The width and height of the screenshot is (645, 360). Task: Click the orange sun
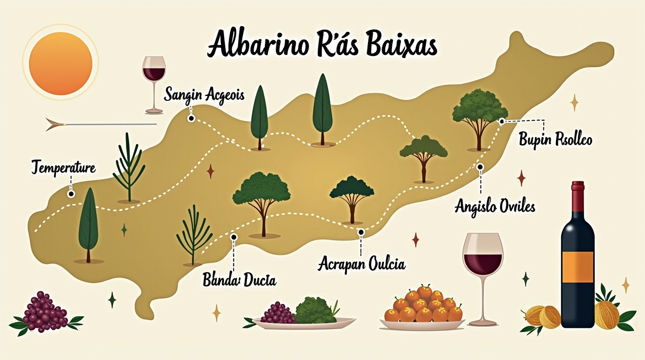[x=60, y=63]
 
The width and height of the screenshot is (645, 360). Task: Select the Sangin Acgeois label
[x=204, y=95]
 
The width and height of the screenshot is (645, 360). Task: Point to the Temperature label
[x=63, y=167]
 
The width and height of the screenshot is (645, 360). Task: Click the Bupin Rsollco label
[x=555, y=139]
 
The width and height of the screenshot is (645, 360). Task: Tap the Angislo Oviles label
[x=495, y=206]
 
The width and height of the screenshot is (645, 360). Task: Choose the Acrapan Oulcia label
[x=361, y=263]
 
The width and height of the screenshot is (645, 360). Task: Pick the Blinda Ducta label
[x=239, y=280]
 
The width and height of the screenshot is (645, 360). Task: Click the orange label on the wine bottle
[x=577, y=267]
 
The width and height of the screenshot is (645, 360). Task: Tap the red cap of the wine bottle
[x=577, y=186]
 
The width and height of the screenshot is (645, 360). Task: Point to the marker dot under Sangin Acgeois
[x=191, y=119]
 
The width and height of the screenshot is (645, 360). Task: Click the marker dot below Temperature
[x=71, y=194]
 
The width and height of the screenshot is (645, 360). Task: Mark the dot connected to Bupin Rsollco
[x=502, y=121]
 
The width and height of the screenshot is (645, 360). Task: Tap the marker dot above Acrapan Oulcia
[x=360, y=232]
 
